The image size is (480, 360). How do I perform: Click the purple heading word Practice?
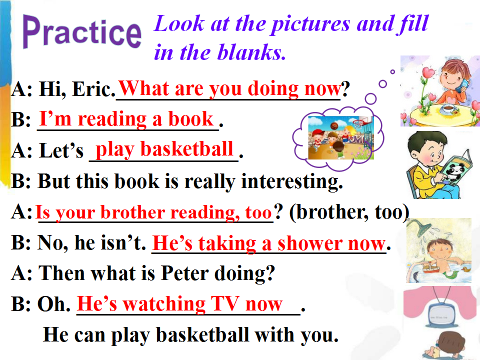(x=82, y=32)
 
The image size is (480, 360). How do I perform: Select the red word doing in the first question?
(x=273, y=89)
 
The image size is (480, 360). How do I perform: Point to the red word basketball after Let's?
(x=186, y=149)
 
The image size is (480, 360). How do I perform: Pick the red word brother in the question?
(x=133, y=212)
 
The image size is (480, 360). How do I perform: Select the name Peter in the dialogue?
(x=184, y=273)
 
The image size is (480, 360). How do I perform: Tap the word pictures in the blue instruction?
(x=310, y=24)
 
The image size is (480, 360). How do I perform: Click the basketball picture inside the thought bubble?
(x=340, y=138)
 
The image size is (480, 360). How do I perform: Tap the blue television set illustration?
(x=439, y=315)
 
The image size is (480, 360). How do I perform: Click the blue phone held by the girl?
(x=462, y=85)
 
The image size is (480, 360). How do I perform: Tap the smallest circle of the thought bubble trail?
(x=392, y=72)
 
